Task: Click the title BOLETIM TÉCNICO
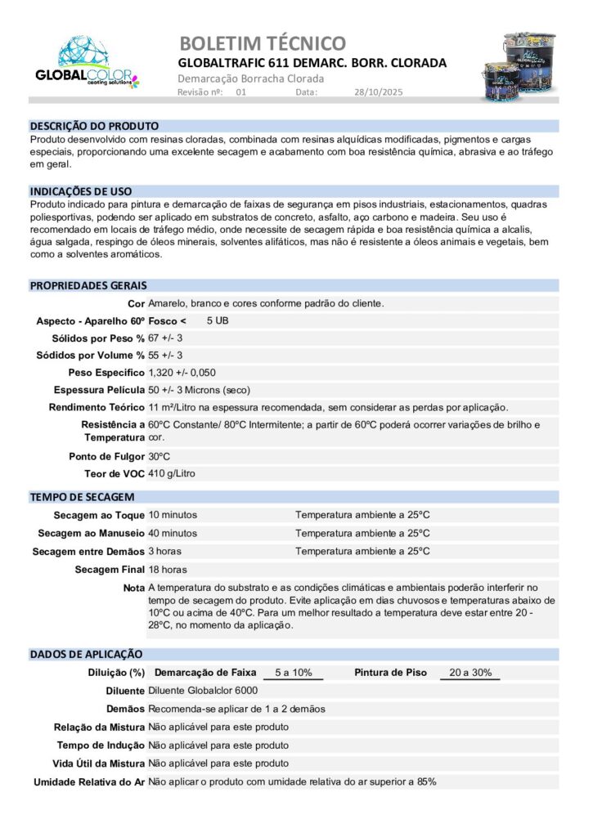(262, 43)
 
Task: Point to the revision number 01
(241, 93)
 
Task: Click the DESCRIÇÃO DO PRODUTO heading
(94, 127)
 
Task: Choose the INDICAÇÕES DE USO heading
(81, 191)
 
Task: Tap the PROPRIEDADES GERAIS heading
(88, 285)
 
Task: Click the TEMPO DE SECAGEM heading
(82, 497)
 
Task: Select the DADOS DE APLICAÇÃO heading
(86, 654)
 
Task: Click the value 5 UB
(218, 320)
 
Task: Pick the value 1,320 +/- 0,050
(182, 373)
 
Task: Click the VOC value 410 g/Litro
(172, 473)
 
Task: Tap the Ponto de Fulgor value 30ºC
(159, 456)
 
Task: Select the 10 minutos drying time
(173, 515)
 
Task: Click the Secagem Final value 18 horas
(168, 569)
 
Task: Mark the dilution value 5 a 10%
(294, 673)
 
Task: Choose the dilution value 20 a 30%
(470, 673)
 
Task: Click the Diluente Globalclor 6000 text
(203, 691)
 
